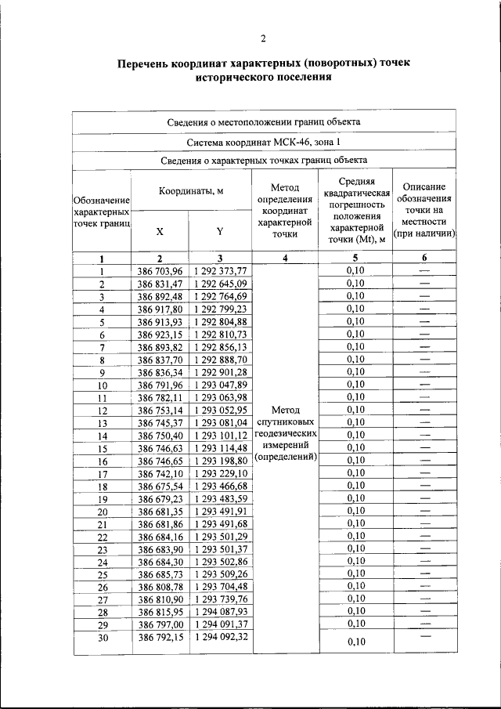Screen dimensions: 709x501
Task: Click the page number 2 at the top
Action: coord(263,38)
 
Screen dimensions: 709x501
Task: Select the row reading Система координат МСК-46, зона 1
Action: coord(264,142)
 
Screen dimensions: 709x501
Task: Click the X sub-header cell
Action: coord(160,232)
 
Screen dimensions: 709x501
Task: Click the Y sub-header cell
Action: coord(220,232)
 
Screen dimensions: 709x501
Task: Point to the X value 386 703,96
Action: coord(160,271)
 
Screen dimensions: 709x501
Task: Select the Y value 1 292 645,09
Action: coord(220,284)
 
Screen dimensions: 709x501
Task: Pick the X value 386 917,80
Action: coord(160,309)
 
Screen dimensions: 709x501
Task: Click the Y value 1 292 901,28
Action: coord(220,372)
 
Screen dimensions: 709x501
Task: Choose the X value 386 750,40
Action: coord(160,436)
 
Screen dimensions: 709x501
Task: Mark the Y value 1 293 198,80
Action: coord(220,461)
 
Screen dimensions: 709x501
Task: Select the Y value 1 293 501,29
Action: coord(220,537)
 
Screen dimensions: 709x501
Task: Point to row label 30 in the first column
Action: coord(102,638)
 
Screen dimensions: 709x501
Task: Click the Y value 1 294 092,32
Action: coord(220,638)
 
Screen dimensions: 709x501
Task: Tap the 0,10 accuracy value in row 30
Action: coord(355,642)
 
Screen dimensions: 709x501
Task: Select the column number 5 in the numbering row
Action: coord(355,258)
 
